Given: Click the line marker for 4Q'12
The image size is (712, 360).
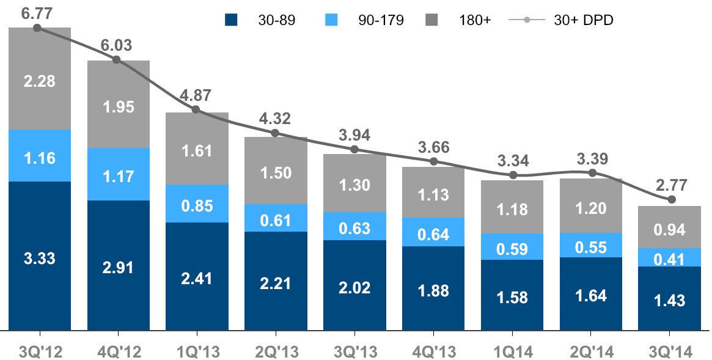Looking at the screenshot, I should pos(116,60).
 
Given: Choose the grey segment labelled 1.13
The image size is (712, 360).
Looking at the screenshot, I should pos(433,194).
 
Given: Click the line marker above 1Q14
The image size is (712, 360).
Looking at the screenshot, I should pos(513,175).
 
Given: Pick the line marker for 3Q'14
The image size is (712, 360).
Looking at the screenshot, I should pos(671,199).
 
